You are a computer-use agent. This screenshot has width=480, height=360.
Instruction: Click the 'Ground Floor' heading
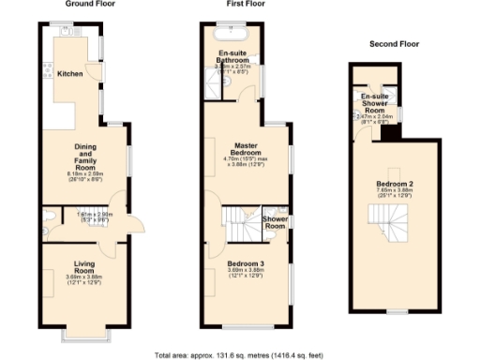click(x=83, y=7)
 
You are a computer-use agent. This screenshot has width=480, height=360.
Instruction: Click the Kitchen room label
click(x=71, y=73)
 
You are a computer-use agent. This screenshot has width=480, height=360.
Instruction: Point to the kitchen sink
click(x=68, y=32)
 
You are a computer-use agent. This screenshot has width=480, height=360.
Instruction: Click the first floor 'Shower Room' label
click(x=276, y=223)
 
